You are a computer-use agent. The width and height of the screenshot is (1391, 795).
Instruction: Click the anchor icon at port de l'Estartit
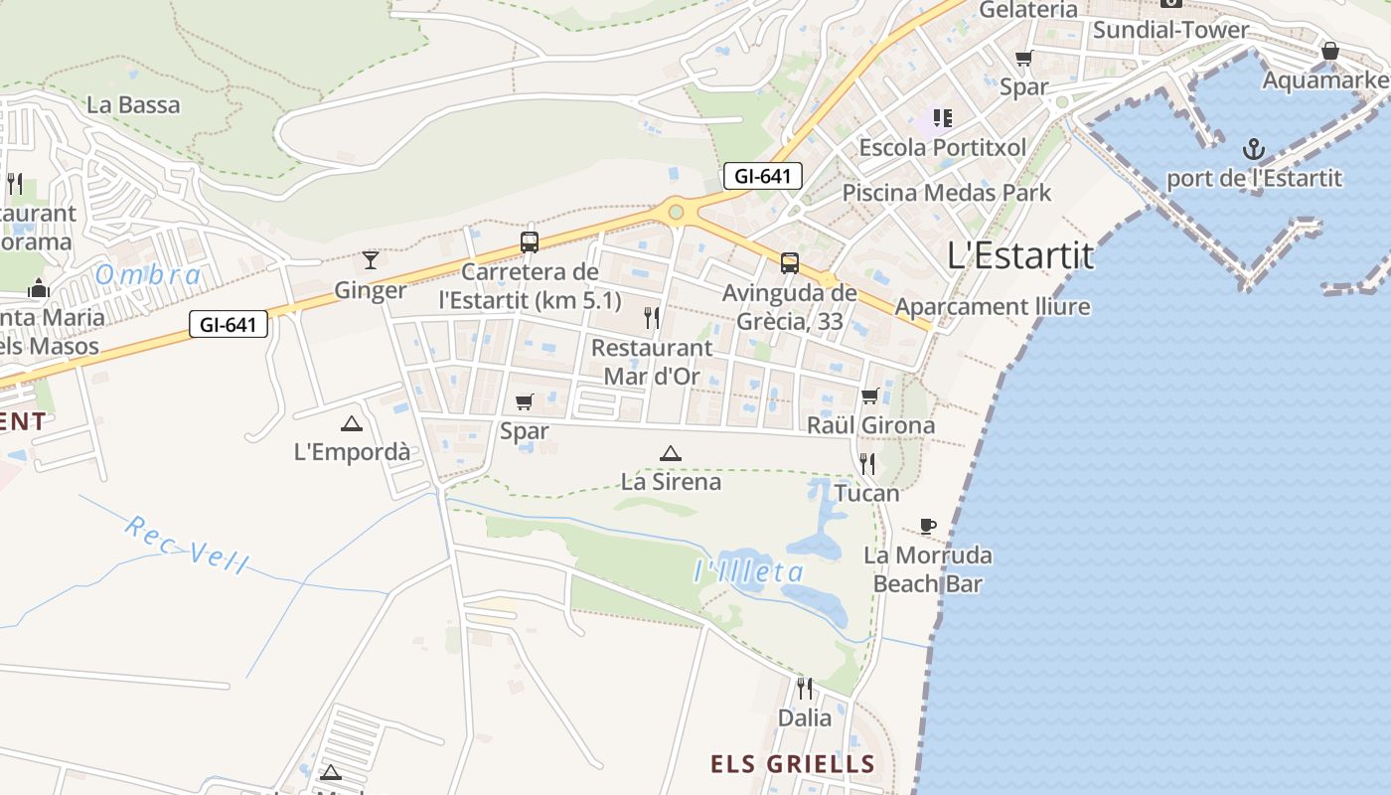[1254, 150]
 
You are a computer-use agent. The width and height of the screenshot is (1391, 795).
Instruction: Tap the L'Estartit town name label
[1020, 255]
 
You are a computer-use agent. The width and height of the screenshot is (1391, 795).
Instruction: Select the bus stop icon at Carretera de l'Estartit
[530, 241]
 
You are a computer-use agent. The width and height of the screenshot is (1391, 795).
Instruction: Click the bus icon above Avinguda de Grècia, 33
[790, 263]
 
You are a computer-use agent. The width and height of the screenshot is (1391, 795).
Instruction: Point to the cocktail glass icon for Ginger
[371, 259]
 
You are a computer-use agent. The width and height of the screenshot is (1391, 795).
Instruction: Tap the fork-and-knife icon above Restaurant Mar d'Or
[652, 318]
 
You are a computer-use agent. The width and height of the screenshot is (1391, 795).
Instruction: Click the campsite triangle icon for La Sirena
[671, 454]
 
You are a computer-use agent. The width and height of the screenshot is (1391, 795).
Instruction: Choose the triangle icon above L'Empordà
[351, 424]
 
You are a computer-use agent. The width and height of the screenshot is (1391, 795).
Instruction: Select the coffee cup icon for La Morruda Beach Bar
[928, 526]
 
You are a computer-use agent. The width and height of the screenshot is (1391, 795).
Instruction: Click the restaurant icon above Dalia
[805, 688]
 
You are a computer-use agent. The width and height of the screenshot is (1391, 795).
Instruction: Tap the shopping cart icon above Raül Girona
[870, 397]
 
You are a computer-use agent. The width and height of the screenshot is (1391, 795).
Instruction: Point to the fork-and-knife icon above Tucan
[867, 463]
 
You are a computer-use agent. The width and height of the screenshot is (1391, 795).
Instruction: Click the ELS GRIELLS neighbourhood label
[792, 764]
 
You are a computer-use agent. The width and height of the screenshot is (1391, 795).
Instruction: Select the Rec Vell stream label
[187, 545]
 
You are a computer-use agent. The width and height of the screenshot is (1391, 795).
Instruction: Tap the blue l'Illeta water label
[748, 571]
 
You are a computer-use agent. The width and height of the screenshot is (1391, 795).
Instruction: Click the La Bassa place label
[133, 104]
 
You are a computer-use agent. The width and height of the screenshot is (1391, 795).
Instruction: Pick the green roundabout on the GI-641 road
[676, 211]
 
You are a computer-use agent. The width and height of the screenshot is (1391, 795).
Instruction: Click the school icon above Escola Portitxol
[943, 119]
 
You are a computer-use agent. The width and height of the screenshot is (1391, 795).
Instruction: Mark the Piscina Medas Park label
[946, 192]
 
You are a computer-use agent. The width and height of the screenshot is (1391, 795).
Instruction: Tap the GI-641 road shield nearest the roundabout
[762, 177]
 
